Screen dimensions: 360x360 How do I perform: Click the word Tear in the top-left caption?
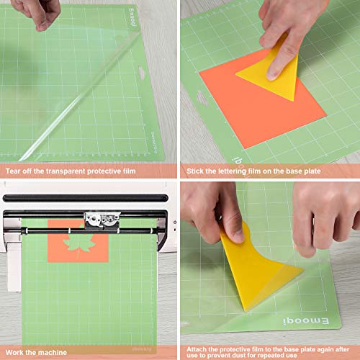(x=14, y=171)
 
